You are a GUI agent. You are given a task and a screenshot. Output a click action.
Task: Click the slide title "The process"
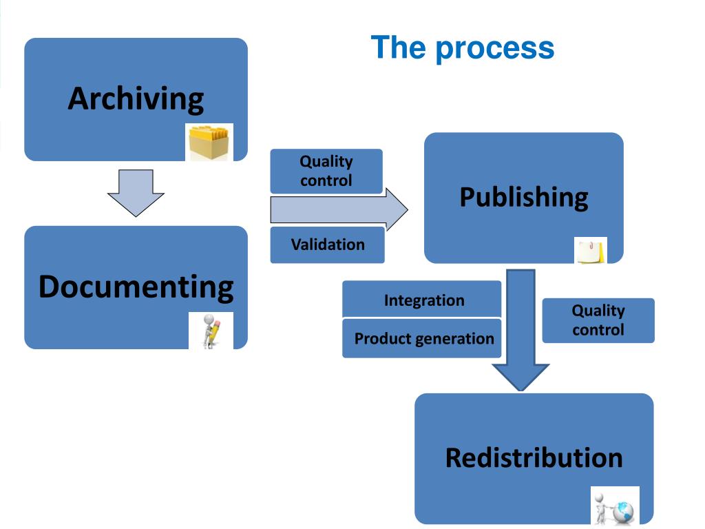(x=463, y=48)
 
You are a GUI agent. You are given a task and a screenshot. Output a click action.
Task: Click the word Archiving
(x=136, y=99)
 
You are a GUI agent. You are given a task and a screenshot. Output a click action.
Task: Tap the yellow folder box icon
(x=209, y=142)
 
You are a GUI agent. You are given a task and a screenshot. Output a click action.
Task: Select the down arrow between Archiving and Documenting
(x=136, y=193)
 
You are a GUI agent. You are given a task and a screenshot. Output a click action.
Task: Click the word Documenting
(x=136, y=287)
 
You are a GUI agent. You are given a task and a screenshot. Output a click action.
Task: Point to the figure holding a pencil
(x=211, y=331)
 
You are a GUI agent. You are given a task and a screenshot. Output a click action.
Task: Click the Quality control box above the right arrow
(x=326, y=171)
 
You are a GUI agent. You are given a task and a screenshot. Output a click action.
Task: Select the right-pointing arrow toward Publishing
(x=339, y=209)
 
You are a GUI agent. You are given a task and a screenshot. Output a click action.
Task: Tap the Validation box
(x=327, y=245)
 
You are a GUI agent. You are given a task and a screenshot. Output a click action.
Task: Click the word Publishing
(x=524, y=197)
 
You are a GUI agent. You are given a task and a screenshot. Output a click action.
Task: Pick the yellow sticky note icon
(x=590, y=251)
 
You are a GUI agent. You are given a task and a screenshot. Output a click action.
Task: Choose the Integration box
(x=422, y=299)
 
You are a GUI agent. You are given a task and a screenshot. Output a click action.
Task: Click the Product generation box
(x=422, y=338)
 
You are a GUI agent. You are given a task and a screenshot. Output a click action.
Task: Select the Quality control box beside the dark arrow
(x=598, y=320)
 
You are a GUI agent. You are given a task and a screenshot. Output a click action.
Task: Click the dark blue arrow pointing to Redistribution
(x=520, y=330)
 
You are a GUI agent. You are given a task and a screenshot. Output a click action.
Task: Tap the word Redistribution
(x=534, y=458)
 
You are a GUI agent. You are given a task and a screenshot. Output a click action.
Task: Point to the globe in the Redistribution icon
(x=623, y=511)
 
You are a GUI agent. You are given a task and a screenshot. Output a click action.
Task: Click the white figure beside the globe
(x=601, y=508)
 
